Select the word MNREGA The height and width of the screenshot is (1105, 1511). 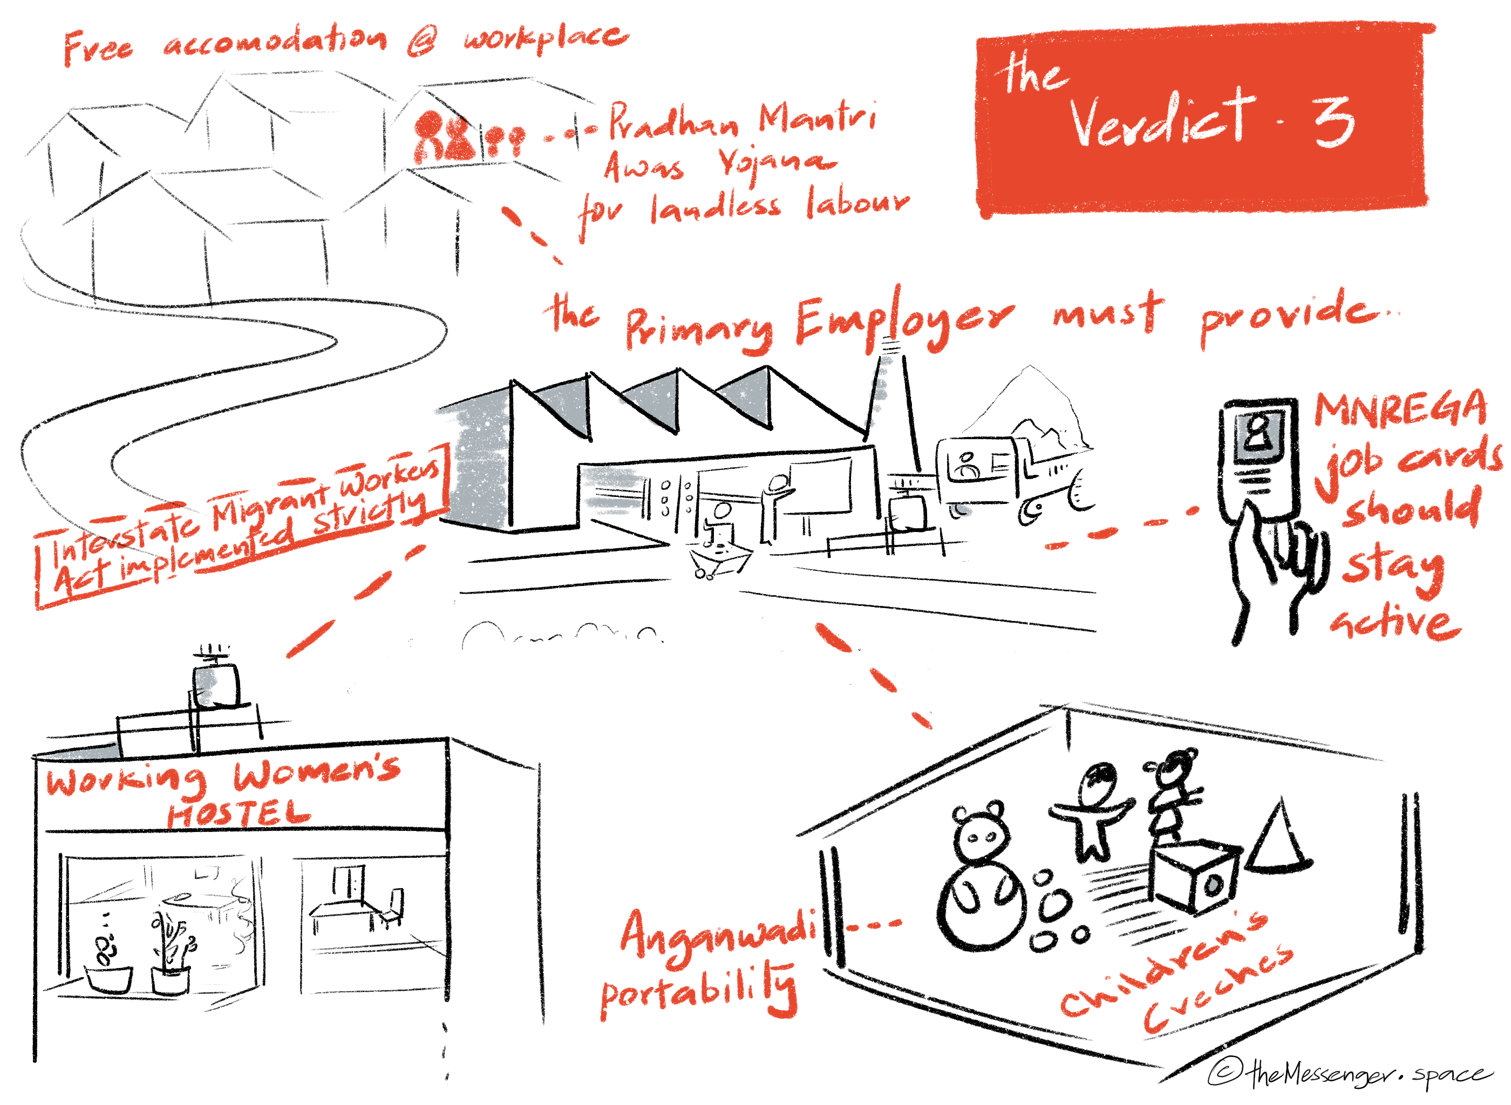(1399, 410)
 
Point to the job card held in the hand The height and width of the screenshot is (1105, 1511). (1257, 461)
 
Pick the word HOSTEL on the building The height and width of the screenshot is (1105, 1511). (238, 815)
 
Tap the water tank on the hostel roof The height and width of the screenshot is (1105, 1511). (214, 684)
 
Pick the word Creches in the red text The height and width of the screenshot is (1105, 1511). (1217, 990)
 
